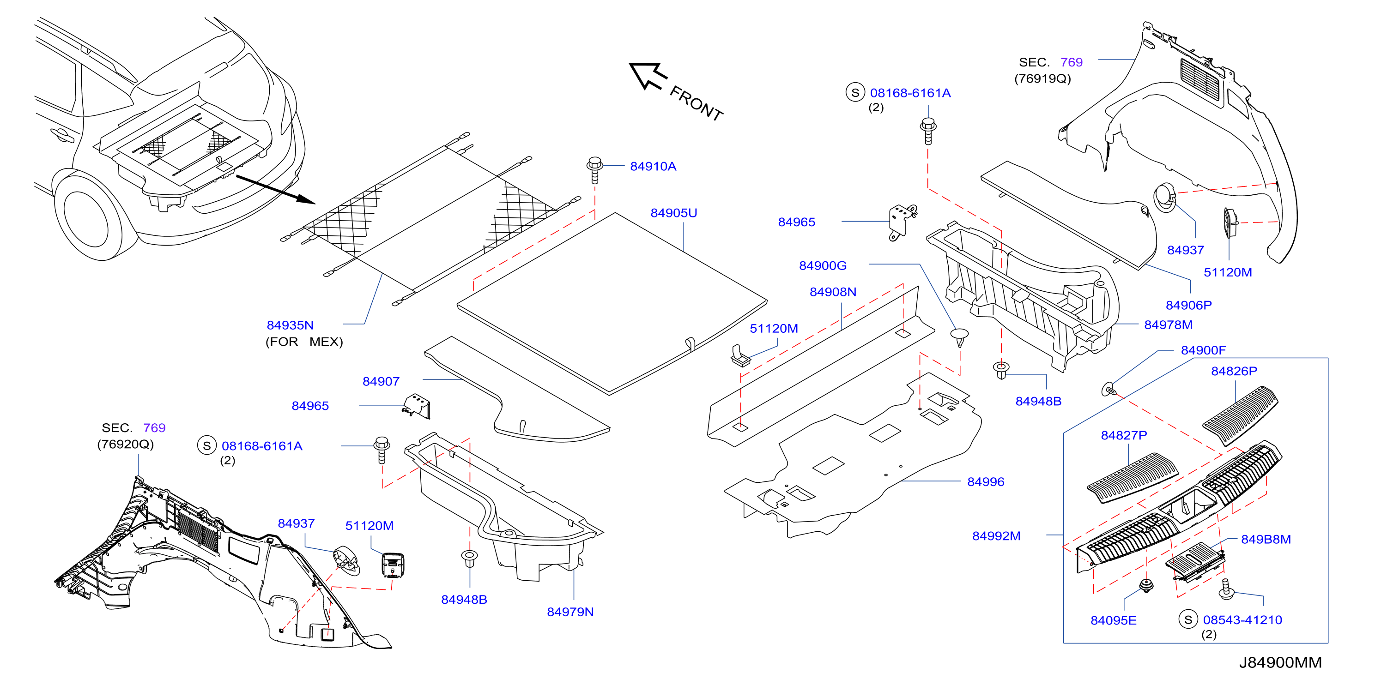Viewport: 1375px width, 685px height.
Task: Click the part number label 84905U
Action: (x=673, y=213)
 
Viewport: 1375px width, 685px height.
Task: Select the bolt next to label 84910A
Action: (x=594, y=170)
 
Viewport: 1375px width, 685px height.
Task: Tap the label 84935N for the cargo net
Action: (x=290, y=325)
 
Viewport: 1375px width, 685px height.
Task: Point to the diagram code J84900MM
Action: (x=1280, y=662)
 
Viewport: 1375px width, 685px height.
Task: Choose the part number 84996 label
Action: (x=985, y=482)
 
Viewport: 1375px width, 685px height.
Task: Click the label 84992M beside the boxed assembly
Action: (x=996, y=535)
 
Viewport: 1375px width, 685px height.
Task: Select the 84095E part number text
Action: (x=1114, y=620)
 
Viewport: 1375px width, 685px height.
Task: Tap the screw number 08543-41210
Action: (x=1242, y=620)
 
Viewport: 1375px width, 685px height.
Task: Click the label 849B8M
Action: (x=1266, y=539)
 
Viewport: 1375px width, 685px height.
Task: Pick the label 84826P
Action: (x=1234, y=371)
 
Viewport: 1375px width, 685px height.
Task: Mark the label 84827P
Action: (x=1124, y=435)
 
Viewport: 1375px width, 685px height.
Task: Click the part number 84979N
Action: (x=570, y=612)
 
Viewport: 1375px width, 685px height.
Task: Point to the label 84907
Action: (x=381, y=381)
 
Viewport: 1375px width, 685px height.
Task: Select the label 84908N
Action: (x=833, y=292)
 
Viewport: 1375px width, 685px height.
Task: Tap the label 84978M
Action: (x=1168, y=325)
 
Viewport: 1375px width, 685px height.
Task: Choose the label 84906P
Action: (x=1189, y=305)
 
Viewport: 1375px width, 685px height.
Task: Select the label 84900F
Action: (x=1203, y=350)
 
